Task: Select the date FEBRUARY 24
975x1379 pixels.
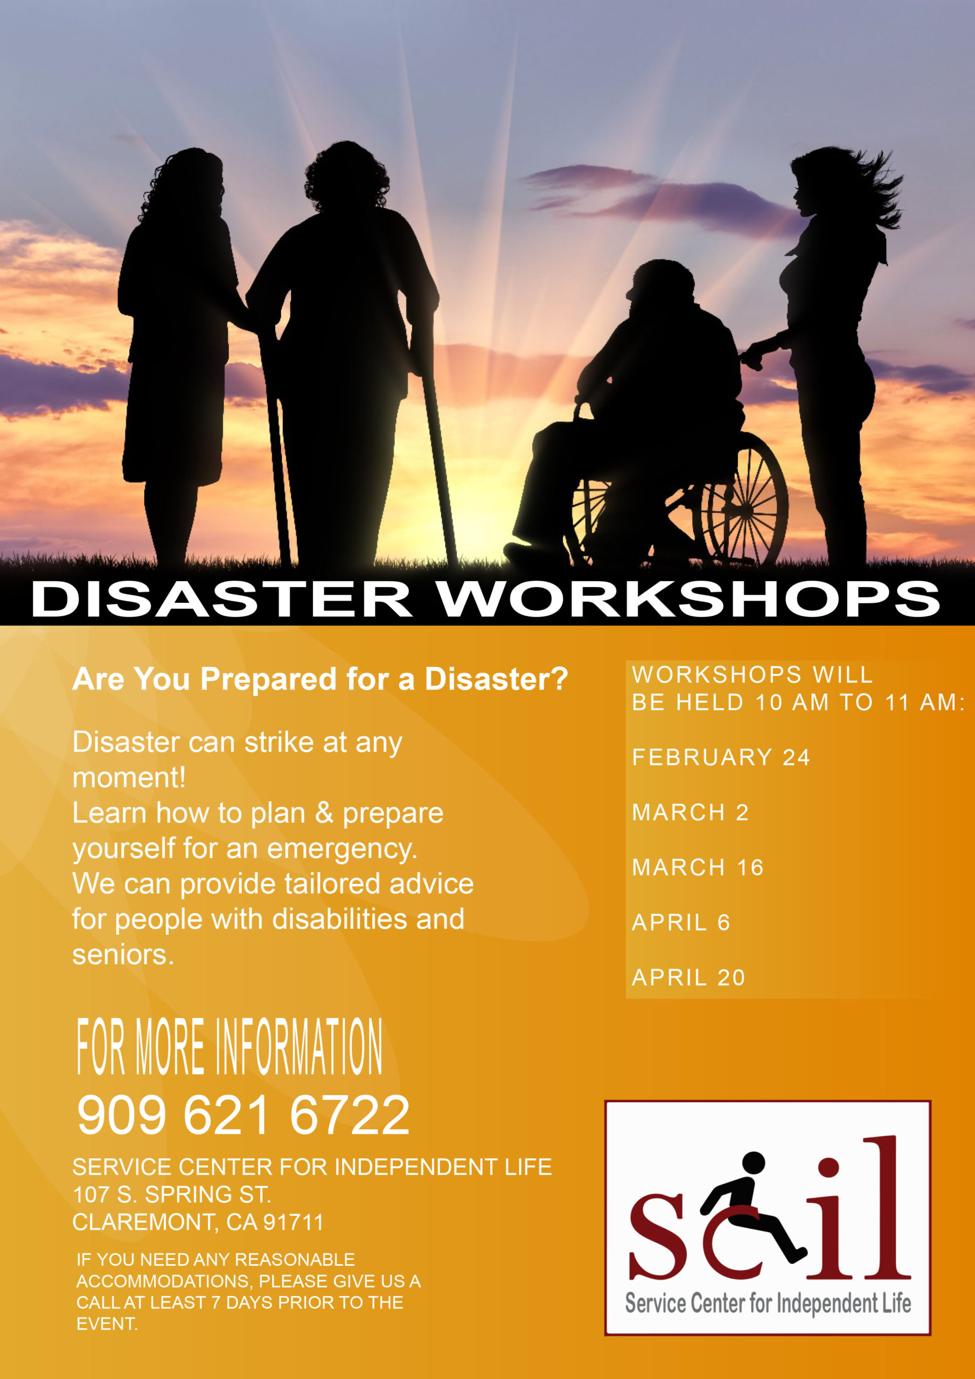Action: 721,757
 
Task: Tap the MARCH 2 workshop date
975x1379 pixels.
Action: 690,813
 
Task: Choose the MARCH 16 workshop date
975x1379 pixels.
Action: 698,867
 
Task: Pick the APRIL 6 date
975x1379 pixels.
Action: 681,923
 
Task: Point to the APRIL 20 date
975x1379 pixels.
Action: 688,978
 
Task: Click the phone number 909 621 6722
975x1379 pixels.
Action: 243,1115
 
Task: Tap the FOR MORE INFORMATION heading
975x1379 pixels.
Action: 229,1046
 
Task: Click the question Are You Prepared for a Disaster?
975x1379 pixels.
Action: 320,679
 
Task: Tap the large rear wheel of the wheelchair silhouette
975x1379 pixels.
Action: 744,498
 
